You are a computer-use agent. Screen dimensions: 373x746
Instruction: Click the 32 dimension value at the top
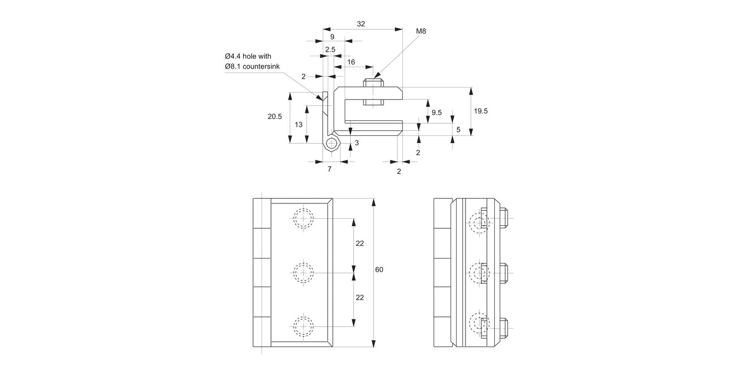361,23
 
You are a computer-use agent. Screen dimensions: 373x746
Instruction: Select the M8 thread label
421,31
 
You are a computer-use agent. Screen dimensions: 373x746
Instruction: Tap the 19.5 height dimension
480,111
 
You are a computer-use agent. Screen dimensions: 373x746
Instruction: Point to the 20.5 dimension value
275,116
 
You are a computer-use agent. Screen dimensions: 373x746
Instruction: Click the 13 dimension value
298,125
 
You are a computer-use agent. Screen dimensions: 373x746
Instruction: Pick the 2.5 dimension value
330,49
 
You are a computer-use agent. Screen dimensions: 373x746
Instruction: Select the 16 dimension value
351,62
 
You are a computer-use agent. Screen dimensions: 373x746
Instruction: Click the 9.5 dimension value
437,113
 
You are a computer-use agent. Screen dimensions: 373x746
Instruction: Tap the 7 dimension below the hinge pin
329,169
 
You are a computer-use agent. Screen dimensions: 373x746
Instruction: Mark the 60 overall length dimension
379,270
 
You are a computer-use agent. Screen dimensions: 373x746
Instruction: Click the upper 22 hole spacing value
360,243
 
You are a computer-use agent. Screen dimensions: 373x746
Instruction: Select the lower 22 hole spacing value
360,297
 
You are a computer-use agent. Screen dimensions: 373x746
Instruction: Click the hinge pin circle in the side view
331,144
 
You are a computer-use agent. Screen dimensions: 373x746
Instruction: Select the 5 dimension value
458,129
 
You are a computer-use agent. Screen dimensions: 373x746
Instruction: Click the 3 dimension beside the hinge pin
357,143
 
